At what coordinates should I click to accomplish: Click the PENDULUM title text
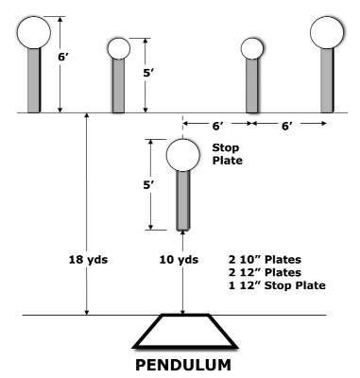click(x=183, y=365)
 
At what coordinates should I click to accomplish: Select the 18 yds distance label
click(x=88, y=260)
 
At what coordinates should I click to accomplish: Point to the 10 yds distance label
click(x=179, y=260)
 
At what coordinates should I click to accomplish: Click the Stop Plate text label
click(x=228, y=154)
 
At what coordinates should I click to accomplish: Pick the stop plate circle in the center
click(x=183, y=155)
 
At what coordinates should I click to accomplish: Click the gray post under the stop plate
click(x=183, y=200)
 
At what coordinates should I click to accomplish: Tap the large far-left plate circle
click(x=34, y=32)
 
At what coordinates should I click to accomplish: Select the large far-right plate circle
click(x=327, y=32)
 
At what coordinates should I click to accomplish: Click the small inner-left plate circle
click(x=119, y=48)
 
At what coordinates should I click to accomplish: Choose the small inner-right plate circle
click(x=252, y=48)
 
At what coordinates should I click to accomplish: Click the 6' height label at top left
click(x=63, y=57)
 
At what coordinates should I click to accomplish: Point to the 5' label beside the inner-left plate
click(x=148, y=73)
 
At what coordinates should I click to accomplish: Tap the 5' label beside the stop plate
click(x=148, y=185)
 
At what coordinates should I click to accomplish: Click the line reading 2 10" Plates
click(x=265, y=260)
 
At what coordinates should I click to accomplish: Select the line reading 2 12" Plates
click(x=265, y=272)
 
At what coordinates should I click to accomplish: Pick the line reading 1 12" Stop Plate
click(x=277, y=285)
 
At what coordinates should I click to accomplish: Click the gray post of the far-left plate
click(x=34, y=80)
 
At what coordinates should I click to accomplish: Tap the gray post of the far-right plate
click(x=327, y=80)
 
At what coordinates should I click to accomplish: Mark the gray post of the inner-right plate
click(x=252, y=86)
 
